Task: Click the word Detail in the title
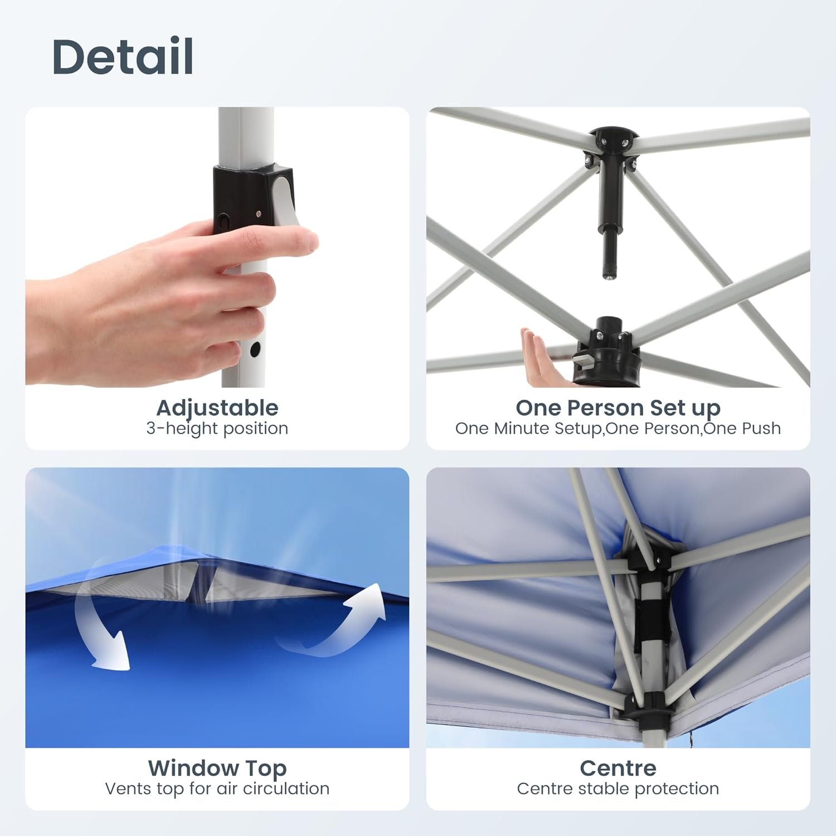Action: (x=123, y=56)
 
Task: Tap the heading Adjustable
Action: (x=217, y=408)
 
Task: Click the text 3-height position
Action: (x=217, y=428)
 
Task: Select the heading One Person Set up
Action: (x=618, y=408)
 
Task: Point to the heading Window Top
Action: (x=217, y=769)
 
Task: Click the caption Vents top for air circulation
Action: (x=217, y=789)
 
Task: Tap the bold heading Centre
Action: (x=618, y=768)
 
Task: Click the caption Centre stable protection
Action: (x=618, y=789)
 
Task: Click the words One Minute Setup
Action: (x=529, y=428)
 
